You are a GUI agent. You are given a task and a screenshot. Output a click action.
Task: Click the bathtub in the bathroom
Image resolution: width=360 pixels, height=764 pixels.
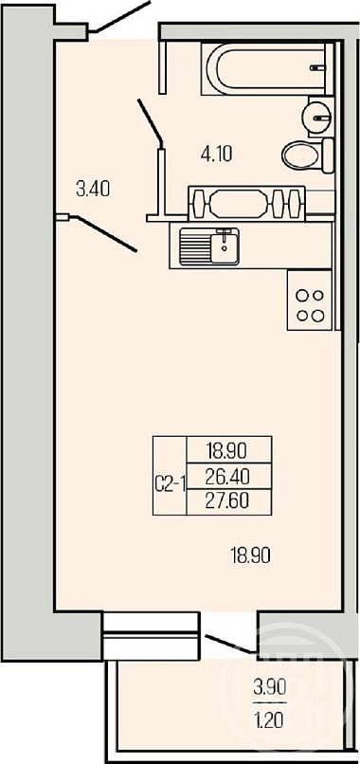(267, 68)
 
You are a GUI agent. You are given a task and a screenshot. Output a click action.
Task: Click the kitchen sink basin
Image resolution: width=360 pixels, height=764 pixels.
(209, 247)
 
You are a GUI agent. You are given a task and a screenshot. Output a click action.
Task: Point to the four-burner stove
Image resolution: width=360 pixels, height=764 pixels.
(311, 300)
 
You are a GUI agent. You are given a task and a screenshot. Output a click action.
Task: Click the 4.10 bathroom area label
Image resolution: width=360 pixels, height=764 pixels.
(216, 155)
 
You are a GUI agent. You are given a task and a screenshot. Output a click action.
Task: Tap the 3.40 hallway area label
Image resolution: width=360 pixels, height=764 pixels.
(93, 188)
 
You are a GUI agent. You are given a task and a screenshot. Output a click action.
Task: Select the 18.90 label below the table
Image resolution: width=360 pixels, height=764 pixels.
(250, 555)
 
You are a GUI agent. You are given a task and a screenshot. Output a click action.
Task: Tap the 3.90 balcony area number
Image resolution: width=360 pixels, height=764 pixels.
(269, 688)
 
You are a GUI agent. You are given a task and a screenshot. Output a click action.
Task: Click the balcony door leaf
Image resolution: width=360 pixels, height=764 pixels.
(230, 644)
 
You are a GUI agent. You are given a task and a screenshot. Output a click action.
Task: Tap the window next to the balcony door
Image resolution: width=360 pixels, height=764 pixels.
(151, 636)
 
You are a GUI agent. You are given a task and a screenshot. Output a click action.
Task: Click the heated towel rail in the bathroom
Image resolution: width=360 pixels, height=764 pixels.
(246, 201)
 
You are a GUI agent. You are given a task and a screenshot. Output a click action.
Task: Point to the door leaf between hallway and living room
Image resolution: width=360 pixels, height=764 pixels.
(105, 234)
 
